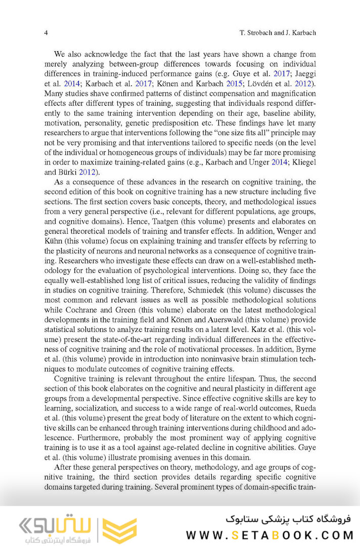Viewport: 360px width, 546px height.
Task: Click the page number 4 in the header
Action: point(46,33)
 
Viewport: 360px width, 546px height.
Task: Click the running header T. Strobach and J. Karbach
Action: point(277,33)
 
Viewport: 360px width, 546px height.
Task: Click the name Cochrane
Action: point(78,309)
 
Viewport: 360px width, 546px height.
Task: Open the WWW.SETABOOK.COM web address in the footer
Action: point(270,534)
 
